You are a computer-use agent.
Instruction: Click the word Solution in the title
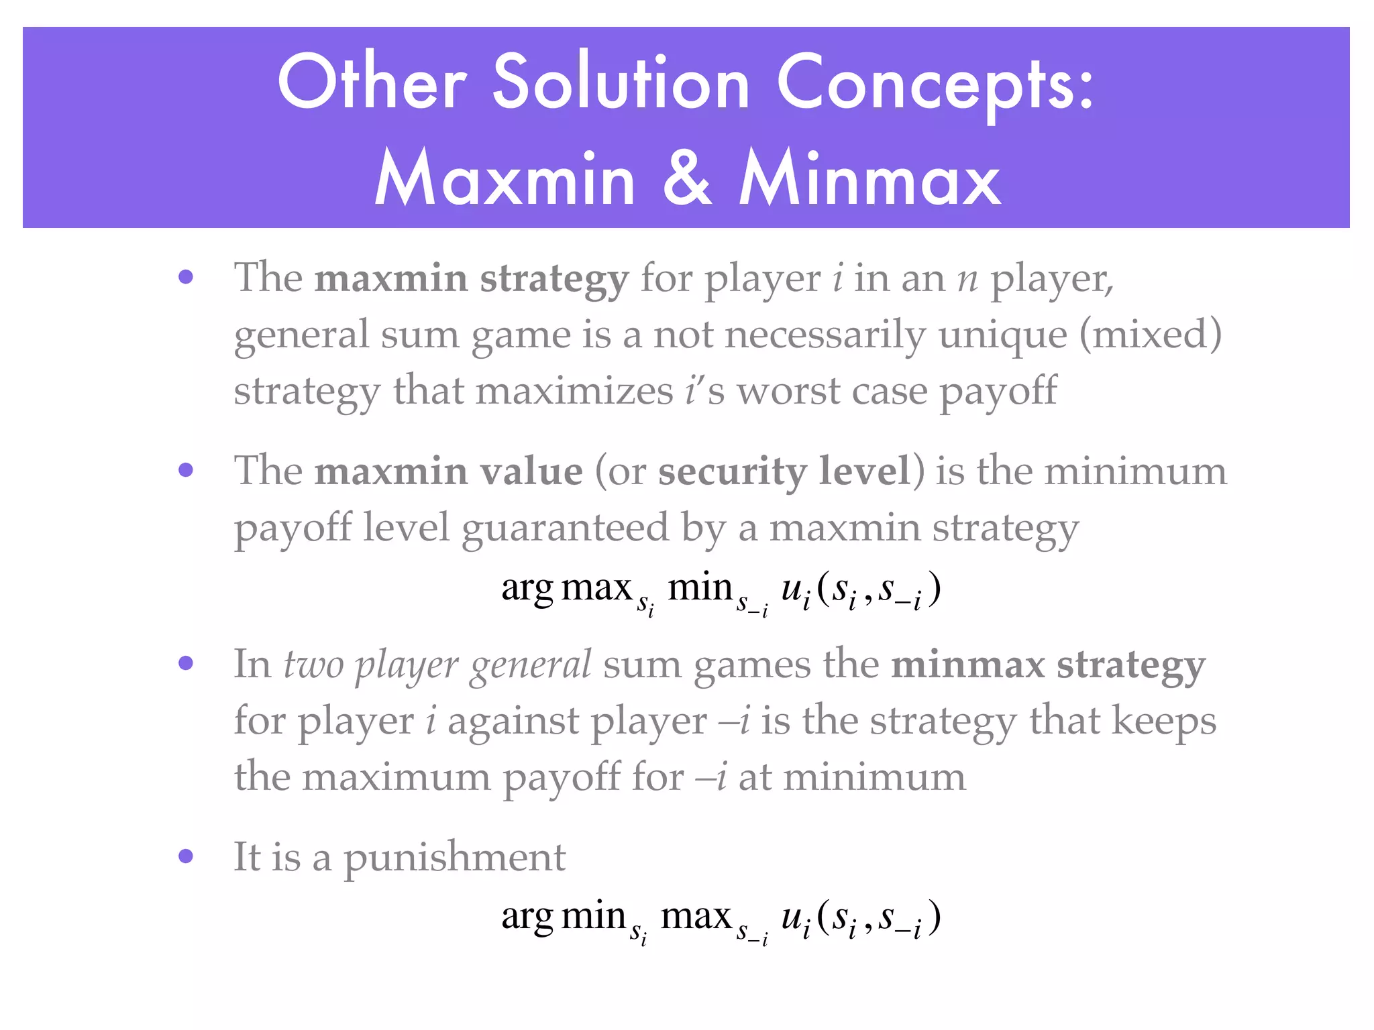pos(621,83)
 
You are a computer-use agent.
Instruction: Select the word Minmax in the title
pos(870,178)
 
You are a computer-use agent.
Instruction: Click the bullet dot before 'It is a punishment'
pos(186,856)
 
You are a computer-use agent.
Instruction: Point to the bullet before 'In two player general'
pos(186,663)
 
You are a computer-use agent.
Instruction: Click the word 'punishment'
pos(455,858)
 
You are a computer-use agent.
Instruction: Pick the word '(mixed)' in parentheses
pos(1150,335)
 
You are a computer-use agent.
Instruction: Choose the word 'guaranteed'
pos(565,528)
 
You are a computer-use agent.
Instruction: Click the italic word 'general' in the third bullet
pos(530,666)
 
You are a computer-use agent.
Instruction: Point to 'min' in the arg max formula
pos(699,587)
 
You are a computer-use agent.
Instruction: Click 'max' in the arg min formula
pos(696,917)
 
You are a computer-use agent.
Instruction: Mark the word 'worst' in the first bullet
pos(788,391)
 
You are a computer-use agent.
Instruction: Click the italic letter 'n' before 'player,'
pos(967,278)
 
